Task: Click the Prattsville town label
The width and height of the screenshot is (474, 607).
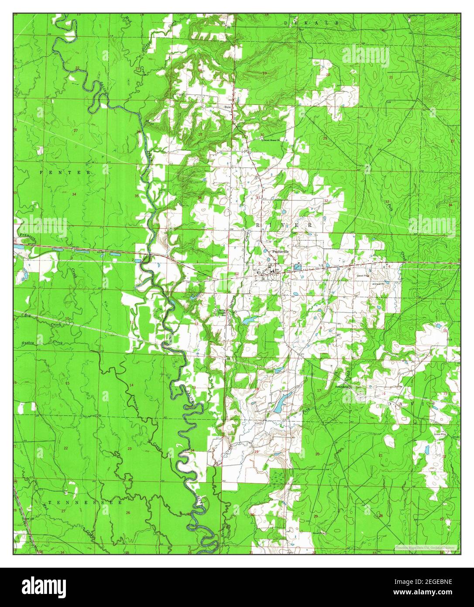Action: tap(280, 252)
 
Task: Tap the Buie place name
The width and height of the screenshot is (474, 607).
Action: tap(227, 107)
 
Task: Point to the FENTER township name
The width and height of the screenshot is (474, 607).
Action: tap(65, 172)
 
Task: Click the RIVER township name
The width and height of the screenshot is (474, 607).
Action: tap(284, 224)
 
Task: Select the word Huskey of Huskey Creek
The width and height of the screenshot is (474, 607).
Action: tap(27, 343)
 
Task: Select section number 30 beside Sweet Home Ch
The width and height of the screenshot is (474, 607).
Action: tap(262, 135)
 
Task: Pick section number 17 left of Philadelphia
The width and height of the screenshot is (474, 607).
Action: tap(319, 390)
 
